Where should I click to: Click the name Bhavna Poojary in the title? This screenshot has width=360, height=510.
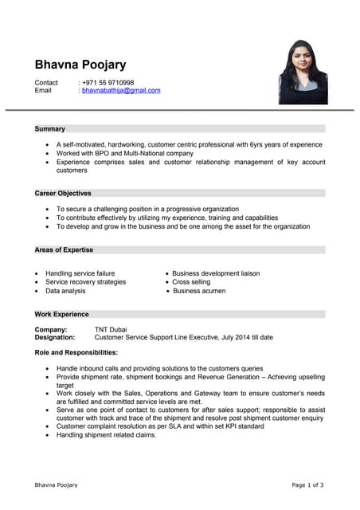click(x=80, y=65)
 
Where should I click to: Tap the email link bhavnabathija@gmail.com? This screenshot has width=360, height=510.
click(x=121, y=91)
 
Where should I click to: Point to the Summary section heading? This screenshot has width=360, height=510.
click(x=50, y=128)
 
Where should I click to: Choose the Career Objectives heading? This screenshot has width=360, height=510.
click(x=63, y=193)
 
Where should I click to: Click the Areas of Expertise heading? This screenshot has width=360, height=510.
click(x=64, y=249)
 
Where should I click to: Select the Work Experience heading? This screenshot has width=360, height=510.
click(x=61, y=314)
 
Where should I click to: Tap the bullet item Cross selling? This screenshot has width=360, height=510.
click(x=191, y=282)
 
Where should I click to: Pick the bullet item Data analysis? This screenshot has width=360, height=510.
click(x=65, y=291)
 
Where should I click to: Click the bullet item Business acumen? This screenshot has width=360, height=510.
click(x=198, y=291)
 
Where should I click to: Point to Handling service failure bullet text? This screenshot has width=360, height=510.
click(x=80, y=273)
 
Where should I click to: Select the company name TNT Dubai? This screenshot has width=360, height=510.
click(x=112, y=329)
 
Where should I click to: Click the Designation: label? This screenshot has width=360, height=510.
click(x=55, y=337)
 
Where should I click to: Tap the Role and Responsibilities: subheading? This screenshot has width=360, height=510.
click(x=76, y=352)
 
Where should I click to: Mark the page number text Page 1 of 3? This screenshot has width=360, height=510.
click(x=307, y=484)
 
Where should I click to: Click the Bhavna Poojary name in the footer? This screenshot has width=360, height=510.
click(x=56, y=484)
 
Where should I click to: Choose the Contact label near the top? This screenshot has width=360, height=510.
click(x=46, y=83)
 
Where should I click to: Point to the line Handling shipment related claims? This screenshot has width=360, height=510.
click(x=106, y=435)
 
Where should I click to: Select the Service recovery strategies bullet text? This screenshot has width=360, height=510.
click(x=85, y=282)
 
